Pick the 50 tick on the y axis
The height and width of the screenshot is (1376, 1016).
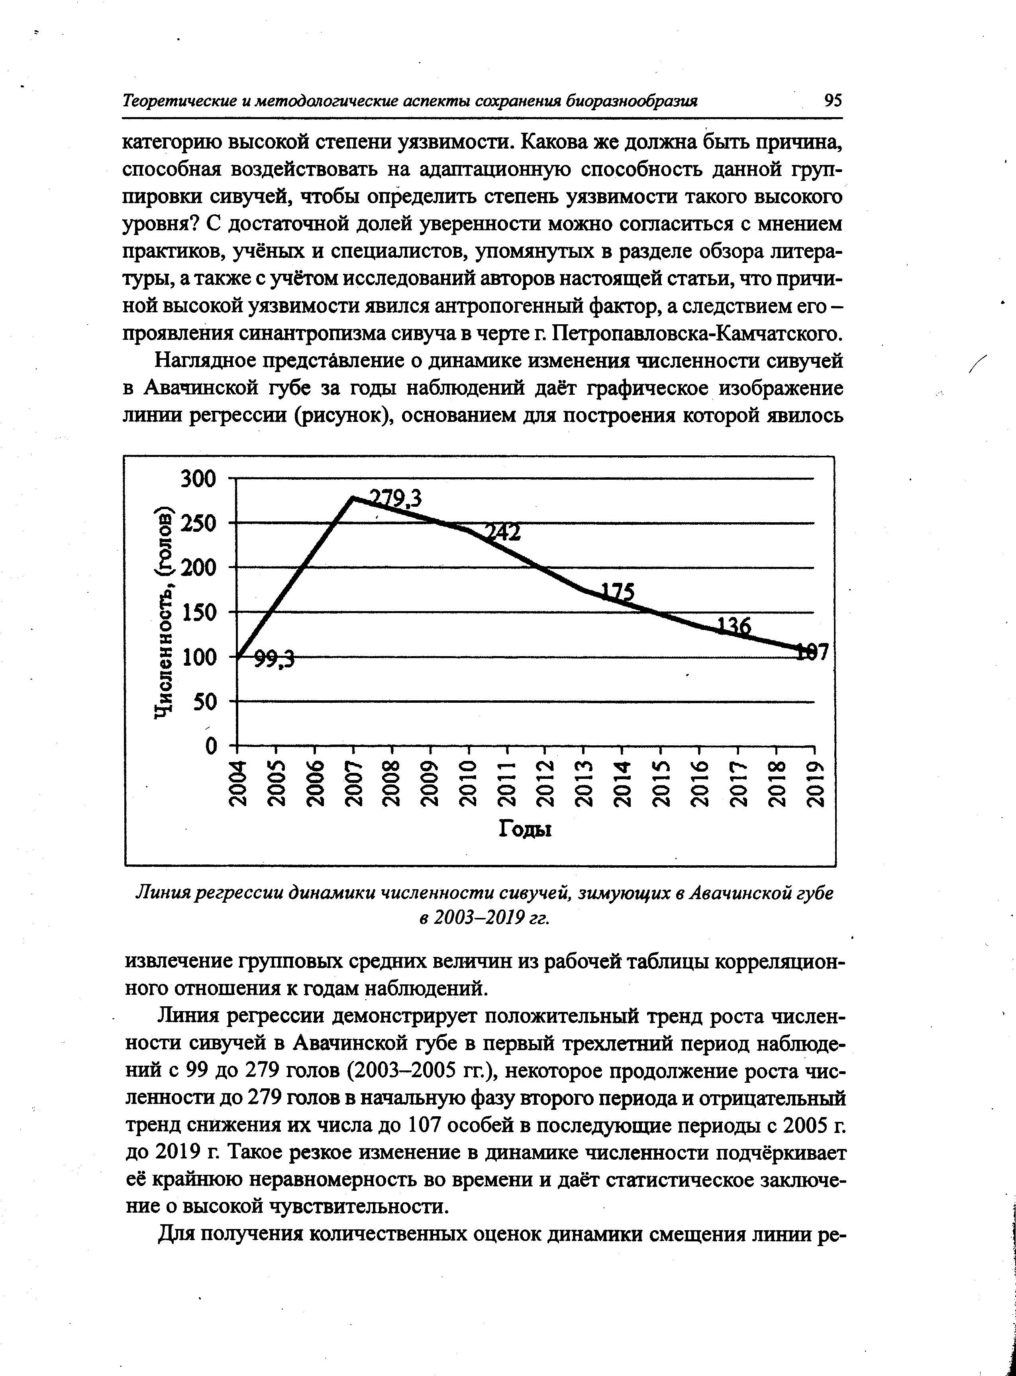206,702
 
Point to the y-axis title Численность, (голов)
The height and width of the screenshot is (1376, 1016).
164,612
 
